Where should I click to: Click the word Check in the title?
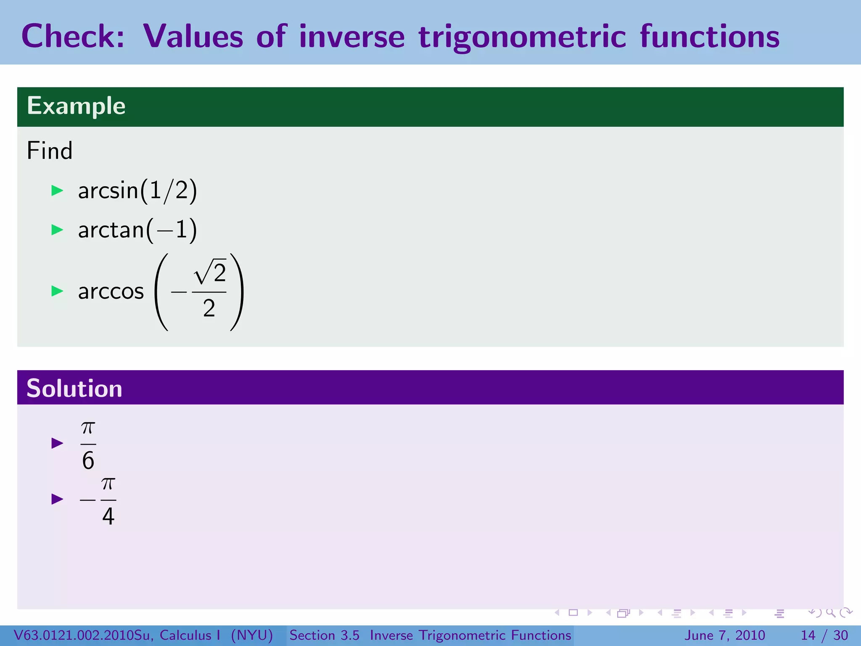pyautogui.click(x=73, y=36)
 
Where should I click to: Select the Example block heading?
pyautogui.click(x=76, y=106)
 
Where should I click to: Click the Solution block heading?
pyautogui.click(x=74, y=388)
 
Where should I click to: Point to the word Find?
pyautogui.click(x=50, y=151)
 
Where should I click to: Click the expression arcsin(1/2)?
pyautogui.click(x=137, y=191)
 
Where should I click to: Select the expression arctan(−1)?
pyautogui.click(x=137, y=230)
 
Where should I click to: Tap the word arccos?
pyautogui.click(x=111, y=291)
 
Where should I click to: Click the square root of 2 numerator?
pyautogui.click(x=210, y=273)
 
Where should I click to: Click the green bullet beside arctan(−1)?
pyautogui.click(x=57, y=230)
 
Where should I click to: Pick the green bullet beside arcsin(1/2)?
pyautogui.click(x=57, y=191)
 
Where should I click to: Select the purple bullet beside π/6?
pyautogui.click(x=57, y=443)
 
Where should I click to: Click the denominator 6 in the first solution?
pyautogui.click(x=88, y=461)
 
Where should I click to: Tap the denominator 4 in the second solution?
pyautogui.click(x=108, y=516)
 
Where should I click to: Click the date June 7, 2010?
pyautogui.click(x=725, y=635)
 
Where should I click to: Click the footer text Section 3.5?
pyautogui.click(x=324, y=635)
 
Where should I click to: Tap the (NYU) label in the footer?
pyautogui.click(x=252, y=635)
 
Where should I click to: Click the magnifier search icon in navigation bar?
pyautogui.click(x=830, y=613)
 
